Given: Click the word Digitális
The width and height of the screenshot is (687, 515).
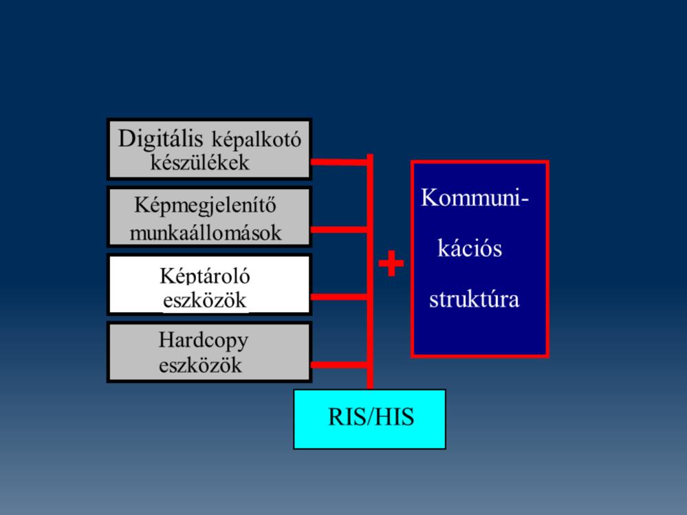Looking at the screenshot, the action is (x=160, y=139).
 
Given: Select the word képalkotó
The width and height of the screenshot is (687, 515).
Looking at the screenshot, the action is (x=257, y=140).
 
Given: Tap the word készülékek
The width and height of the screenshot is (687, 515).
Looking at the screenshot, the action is (x=200, y=162).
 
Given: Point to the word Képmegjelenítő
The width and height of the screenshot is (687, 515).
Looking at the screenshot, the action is (x=205, y=206).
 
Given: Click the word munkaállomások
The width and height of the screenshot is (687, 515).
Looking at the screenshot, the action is (x=206, y=232).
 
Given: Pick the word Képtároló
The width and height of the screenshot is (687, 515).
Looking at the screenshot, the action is (x=205, y=276).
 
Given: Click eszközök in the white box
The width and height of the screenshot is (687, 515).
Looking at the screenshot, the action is (x=205, y=300).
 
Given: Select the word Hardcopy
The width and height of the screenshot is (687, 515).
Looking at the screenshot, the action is (x=204, y=341).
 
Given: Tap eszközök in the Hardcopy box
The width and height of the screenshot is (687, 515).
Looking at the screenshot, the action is (x=200, y=365).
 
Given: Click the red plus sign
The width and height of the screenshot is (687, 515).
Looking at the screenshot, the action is (x=391, y=263).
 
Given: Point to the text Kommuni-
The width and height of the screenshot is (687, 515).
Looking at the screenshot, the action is (x=475, y=197).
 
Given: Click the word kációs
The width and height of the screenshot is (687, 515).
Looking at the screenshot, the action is (x=470, y=248).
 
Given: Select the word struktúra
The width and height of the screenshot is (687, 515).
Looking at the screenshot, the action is (x=474, y=300).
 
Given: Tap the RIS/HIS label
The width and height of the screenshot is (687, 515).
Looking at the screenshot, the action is (x=371, y=417).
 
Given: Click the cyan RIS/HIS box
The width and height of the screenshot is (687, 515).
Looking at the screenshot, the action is (x=370, y=419).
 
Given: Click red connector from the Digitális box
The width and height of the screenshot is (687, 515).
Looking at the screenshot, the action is (x=339, y=162).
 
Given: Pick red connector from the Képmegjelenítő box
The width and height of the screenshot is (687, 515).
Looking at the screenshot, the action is (x=339, y=230).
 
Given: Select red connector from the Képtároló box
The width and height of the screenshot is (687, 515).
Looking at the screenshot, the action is (x=339, y=297).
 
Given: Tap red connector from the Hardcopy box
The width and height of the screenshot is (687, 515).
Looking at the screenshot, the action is (x=339, y=365).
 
